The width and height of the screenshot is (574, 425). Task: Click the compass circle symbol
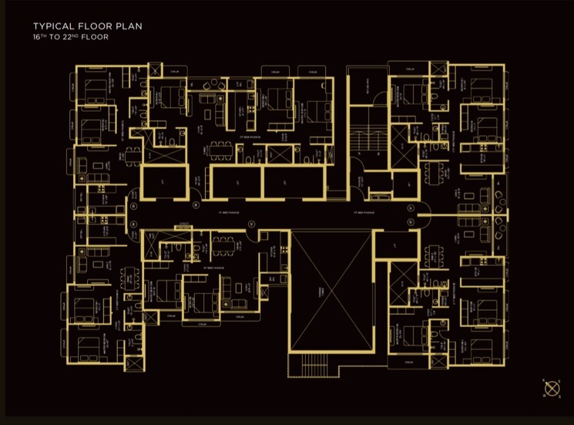pos(552,389)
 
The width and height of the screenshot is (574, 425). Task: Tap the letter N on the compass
pos(543,380)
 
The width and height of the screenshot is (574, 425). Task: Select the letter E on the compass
pos(560,380)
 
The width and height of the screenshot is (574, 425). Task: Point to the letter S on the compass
pos(560,398)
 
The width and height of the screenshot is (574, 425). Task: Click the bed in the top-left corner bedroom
pos(96,91)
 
